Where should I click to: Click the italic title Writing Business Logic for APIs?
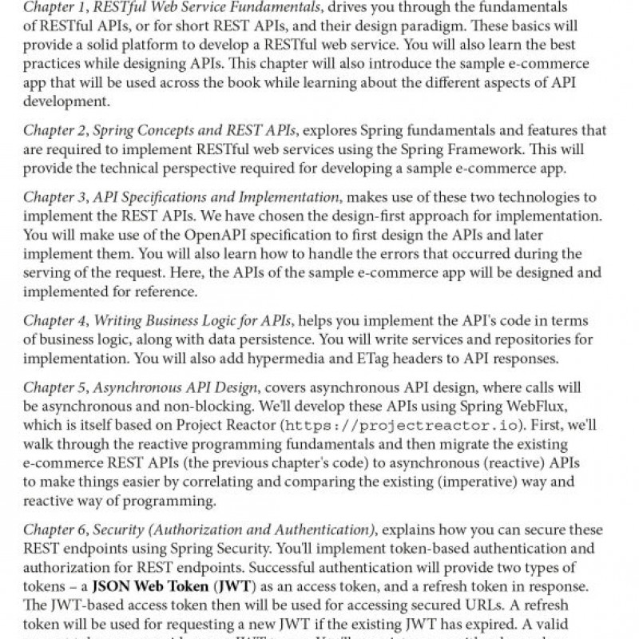point(193,321)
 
